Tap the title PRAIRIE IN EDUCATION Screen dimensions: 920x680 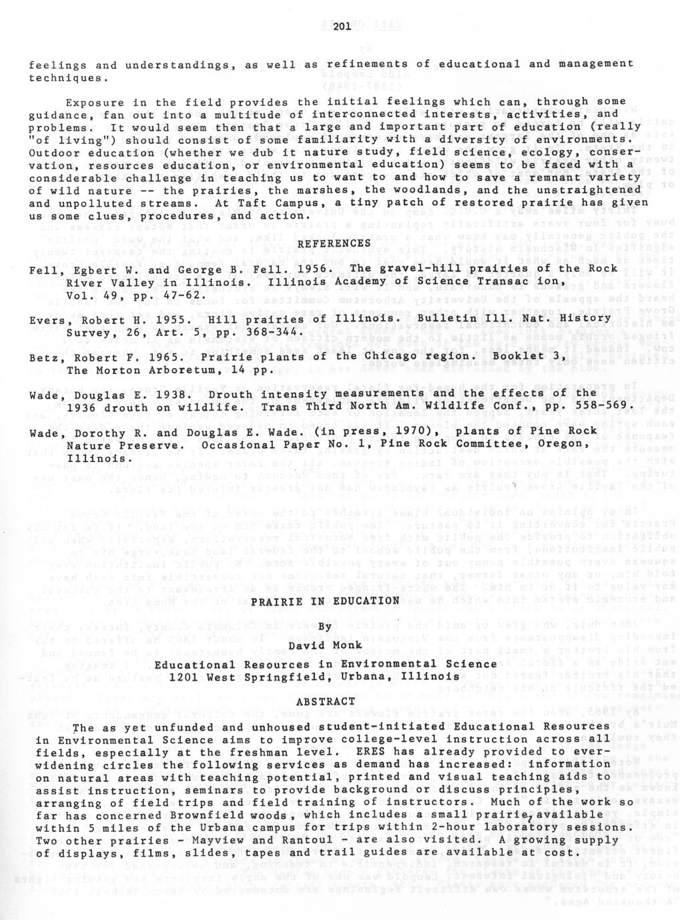(x=325, y=601)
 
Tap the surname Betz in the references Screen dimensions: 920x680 (x=43, y=357)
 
